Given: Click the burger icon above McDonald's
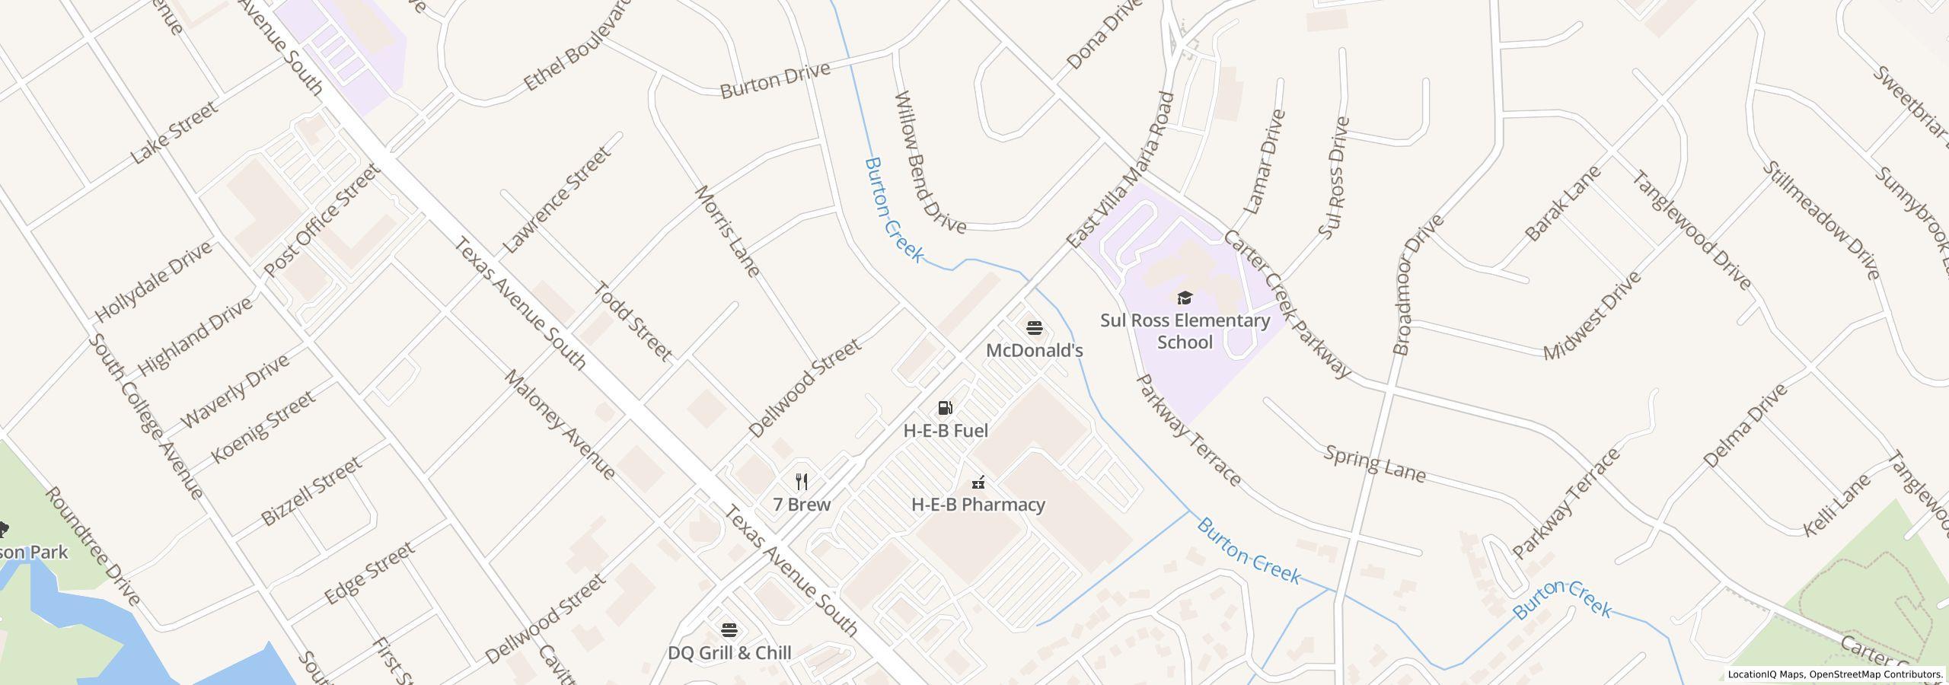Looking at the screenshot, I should pos(1034,328).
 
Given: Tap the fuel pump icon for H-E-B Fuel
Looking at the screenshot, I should pos(945,409).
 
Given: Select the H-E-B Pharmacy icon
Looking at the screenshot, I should pos(979,482).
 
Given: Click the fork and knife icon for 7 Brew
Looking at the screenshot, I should pos(801,482).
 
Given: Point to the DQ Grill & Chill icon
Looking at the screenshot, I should pos(729,630).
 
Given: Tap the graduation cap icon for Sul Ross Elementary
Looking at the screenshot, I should pos(1185,298).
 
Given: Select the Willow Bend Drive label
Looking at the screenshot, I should pos(930,162).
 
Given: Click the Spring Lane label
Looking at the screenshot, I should pos(1374,464).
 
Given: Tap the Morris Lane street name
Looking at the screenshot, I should pos(726,230).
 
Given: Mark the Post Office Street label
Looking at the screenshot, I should pos(321,221).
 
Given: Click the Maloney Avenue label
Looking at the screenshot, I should pos(560,425).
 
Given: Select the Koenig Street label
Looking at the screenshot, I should pos(263,427).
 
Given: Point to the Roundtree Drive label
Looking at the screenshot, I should pos(93,546).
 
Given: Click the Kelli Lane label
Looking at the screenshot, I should pos(1836,505).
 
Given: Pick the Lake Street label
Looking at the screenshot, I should pos(175,132).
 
